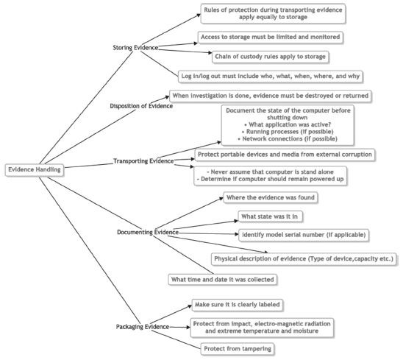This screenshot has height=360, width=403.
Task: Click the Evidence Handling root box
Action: [35, 170]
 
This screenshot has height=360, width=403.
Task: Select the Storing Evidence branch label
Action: [135, 48]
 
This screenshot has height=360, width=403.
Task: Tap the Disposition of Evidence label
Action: [141, 106]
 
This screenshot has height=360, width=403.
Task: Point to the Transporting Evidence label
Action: [143, 161]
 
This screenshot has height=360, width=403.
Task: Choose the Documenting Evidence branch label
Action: [148, 232]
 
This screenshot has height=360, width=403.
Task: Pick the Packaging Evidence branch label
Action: [143, 327]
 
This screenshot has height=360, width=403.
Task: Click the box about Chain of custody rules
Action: [271, 57]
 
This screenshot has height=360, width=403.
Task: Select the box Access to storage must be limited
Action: [271, 37]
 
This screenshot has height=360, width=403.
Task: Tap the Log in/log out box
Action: [271, 76]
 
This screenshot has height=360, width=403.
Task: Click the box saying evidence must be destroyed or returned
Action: [271, 96]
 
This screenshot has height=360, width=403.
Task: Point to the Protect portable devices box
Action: [285, 155]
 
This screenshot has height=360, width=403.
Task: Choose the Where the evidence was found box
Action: [271, 197]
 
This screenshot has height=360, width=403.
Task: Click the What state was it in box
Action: [270, 216]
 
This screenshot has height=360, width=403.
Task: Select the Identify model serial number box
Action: [304, 235]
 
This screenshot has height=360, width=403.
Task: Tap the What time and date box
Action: [223, 280]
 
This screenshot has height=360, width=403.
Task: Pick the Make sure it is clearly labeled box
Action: [238, 305]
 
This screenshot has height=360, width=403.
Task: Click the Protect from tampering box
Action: [238, 349]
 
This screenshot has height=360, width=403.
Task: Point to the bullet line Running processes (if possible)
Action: [288, 132]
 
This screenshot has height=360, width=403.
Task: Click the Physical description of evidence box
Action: [304, 259]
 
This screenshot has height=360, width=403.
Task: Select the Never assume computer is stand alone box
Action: [271, 175]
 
